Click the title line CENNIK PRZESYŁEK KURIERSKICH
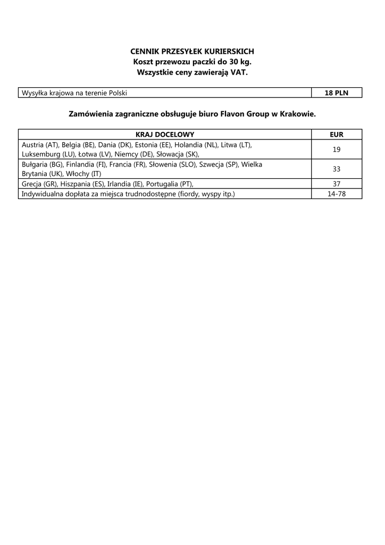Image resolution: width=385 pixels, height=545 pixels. [192, 51]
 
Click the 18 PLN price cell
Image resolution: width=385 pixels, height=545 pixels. [336, 93]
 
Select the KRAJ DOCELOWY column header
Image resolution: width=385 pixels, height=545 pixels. [165, 134]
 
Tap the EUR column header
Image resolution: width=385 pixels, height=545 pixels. [336, 134]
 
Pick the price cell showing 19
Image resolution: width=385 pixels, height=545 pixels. [336, 150]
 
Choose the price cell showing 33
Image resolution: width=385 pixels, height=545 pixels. [336, 169]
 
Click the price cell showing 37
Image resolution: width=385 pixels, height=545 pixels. [336, 184]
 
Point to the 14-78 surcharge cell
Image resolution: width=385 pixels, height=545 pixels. [336, 194]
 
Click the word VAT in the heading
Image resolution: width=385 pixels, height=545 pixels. [238, 72]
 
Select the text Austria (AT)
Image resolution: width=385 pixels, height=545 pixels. [40, 145]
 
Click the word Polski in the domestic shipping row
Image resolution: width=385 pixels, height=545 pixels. [118, 93]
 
